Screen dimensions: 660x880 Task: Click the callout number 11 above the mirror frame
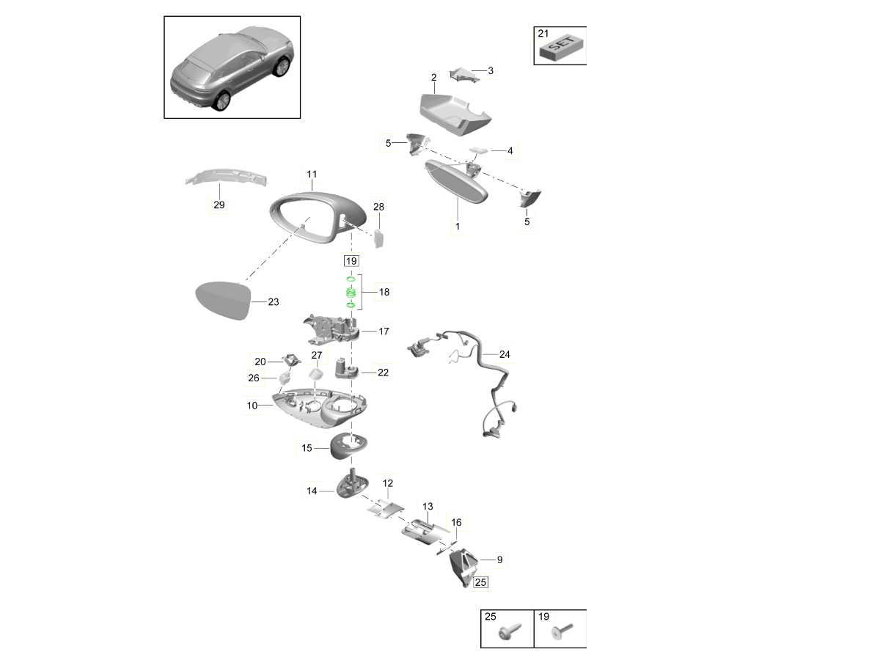(x=312, y=175)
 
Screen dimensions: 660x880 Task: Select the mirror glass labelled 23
(x=219, y=301)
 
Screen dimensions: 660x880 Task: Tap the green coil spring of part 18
(x=351, y=293)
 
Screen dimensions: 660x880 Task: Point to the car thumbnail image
(x=232, y=67)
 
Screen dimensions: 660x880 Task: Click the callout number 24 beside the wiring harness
(x=504, y=354)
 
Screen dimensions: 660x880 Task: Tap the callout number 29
(x=219, y=205)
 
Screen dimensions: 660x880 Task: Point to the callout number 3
(x=490, y=71)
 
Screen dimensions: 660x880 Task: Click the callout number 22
(x=383, y=373)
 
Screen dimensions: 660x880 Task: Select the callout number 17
(x=384, y=331)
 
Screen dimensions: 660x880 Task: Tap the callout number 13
(x=428, y=507)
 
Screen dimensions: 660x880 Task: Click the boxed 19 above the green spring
(x=351, y=260)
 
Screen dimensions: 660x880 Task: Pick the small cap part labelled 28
(x=379, y=238)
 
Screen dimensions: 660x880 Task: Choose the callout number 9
(x=499, y=560)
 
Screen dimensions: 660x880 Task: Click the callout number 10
(x=252, y=405)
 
